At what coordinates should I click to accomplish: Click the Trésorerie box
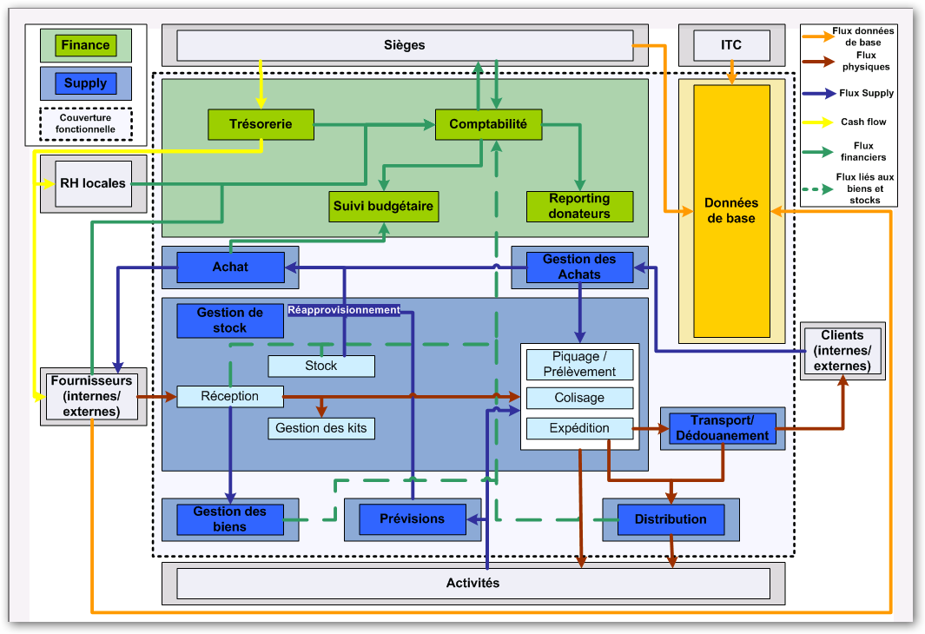click(x=261, y=124)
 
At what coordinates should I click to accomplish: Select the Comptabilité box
click(x=487, y=124)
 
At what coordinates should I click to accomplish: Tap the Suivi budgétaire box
click(x=383, y=207)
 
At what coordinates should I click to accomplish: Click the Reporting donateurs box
click(x=579, y=207)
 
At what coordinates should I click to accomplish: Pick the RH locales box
click(x=93, y=183)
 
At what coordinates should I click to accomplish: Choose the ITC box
click(x=731, y=44)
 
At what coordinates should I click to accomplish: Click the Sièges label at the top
click(x=404, y=44)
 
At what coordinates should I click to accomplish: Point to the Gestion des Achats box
click(x=578, y=267)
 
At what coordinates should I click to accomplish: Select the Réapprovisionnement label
click(x=344, y=309)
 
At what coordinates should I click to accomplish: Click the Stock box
click(x=320, y=366)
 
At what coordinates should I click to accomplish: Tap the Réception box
click(x=230, y=396)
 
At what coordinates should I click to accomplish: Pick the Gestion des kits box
click(x=320, y=427)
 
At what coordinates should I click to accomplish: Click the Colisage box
click(x=579, y=398)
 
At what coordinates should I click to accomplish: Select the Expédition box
click(x=579, y=428)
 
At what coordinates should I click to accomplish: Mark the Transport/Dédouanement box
click(x=722, y=428)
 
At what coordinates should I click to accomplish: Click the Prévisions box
click(x=412, y=518)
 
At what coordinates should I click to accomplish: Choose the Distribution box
click(x=670, y=519)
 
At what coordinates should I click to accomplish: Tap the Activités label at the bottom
click(x=472, y=583)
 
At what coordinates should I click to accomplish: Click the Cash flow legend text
click(x=863, y=122)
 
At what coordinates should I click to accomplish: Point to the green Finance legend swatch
click(x=85, y=45)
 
